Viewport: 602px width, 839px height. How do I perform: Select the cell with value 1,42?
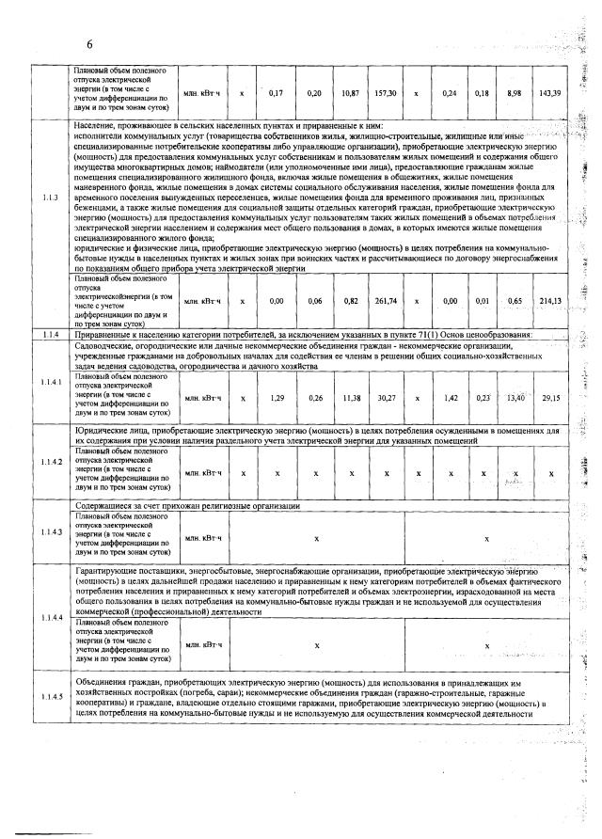point(451,398)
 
